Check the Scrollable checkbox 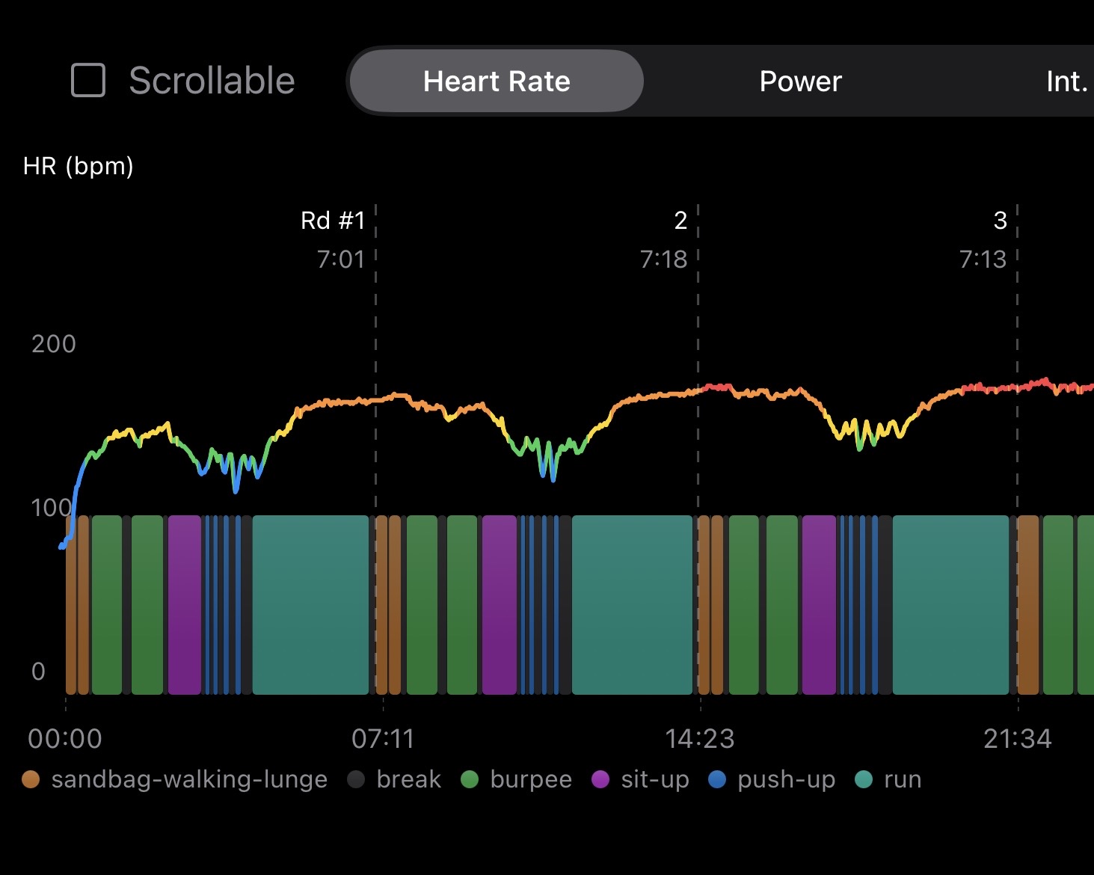click(88, 81)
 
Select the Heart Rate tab click(497, 82)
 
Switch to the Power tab click(800, 82)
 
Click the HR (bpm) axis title click(79, 166)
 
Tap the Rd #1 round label click(333, 221)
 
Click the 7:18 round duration click(663, 260)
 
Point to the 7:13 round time click(983, 260)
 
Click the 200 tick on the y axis click(54, 344)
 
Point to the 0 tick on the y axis click(39, 672)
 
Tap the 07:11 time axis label click(383, 739)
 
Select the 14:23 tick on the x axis click(700, 739)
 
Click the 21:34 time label click(1018, 739)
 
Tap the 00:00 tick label click(65, 739)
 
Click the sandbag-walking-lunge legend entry click(176, 779)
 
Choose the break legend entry click(395, 779)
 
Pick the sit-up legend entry click(641, 779)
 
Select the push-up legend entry click(772, 779)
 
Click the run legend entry click(889, 779)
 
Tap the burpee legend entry click(517, 779)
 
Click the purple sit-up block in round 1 click(185, 604)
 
